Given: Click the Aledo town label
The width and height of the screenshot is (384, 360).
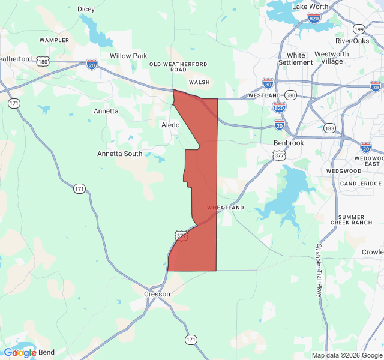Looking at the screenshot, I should pos(170,125).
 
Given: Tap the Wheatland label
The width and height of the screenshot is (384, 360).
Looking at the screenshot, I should pos(226,208).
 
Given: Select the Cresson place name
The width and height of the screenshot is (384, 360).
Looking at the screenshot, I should pos(157,294).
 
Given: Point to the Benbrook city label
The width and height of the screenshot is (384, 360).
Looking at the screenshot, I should pos(289,143).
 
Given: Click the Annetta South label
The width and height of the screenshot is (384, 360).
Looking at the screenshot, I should pos(120,154).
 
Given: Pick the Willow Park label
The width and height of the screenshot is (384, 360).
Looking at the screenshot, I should pos(128,56).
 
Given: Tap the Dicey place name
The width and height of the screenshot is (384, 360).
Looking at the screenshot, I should pos(86,9).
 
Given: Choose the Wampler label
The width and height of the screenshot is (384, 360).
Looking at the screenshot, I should pos(55,40).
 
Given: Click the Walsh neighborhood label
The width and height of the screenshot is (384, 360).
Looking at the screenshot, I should pos(199,82).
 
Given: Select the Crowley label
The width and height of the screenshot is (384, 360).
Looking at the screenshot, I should pos(372,253).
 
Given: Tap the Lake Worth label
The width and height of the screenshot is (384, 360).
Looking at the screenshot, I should pos(310,7).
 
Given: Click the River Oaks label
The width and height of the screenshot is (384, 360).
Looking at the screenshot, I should pos(352,41).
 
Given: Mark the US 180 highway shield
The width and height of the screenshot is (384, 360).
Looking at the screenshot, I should pos(42,61).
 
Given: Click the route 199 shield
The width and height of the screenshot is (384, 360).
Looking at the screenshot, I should pos(359,29).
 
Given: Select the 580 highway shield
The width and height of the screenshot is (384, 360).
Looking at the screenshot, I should pos(291,95).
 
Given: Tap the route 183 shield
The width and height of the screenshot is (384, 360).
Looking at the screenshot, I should pos(329,128).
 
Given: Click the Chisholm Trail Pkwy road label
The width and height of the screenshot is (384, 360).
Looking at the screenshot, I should pos(319,269).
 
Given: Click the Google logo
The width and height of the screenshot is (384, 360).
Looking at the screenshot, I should pos(20,352).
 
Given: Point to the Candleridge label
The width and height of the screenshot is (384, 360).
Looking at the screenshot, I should pos(361,183).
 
